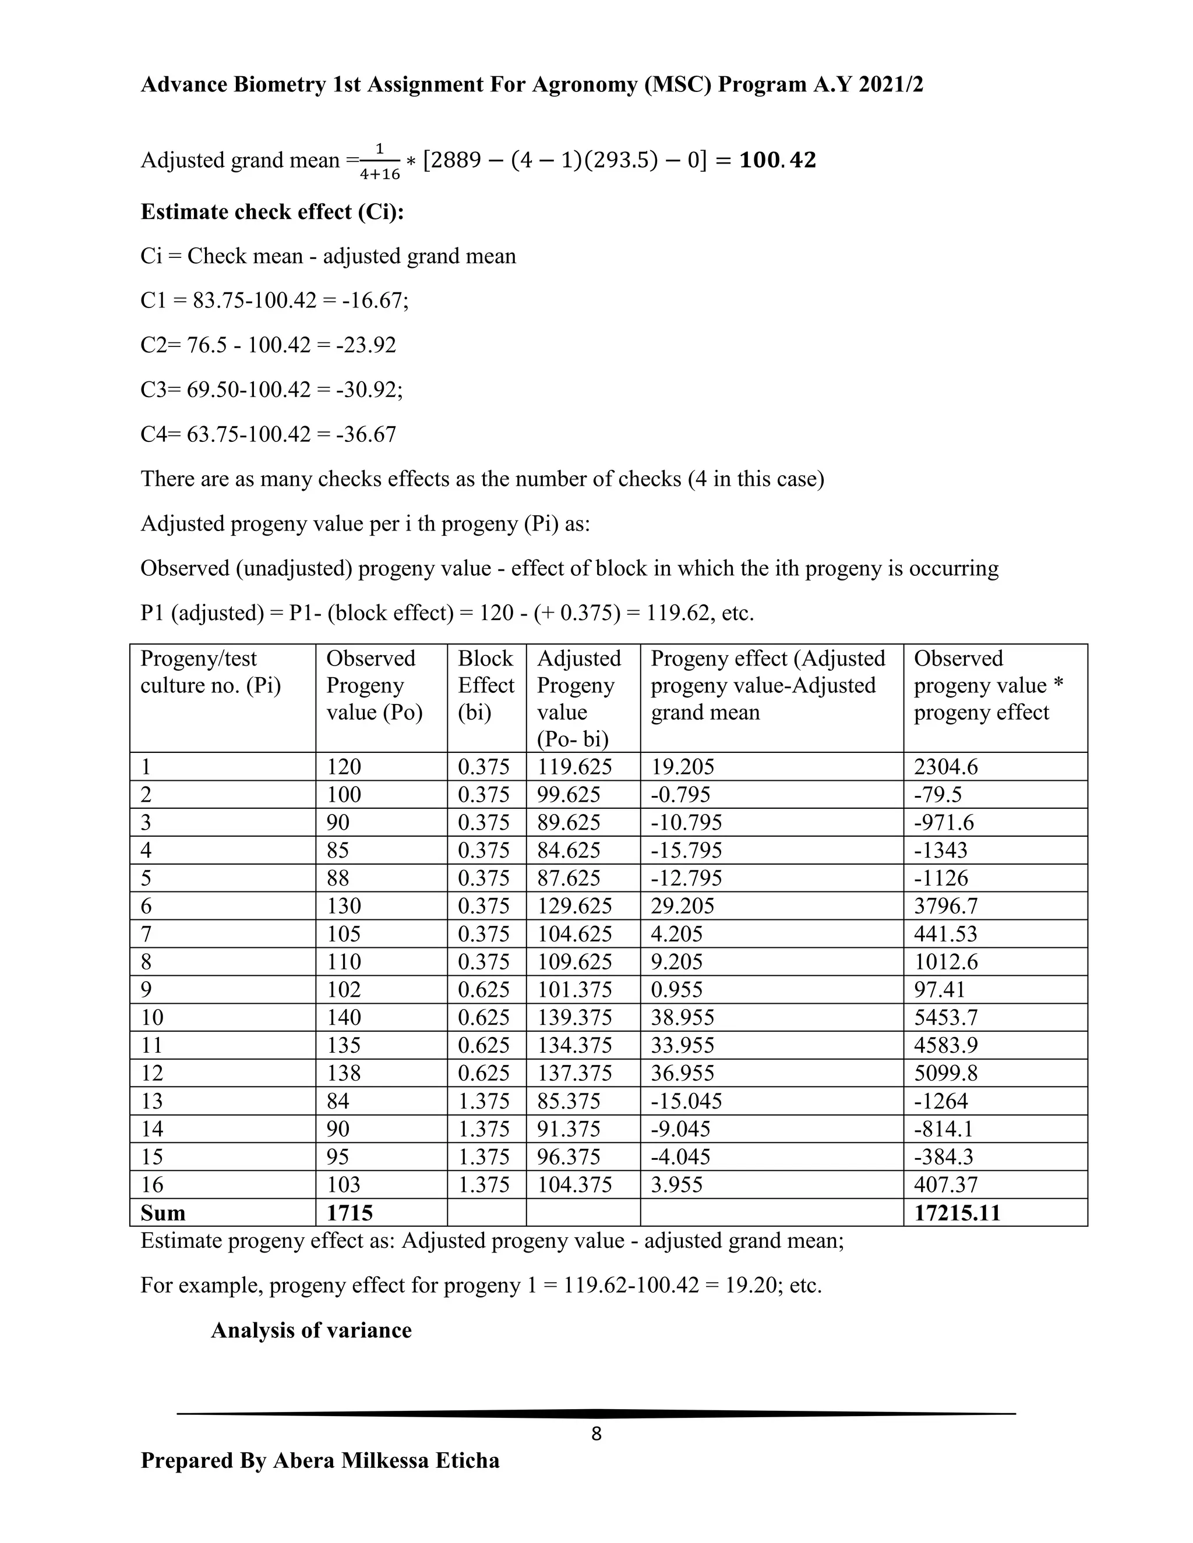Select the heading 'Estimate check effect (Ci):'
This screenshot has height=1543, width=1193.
(x=272, y=212)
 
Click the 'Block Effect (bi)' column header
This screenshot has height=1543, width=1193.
(x=486, y=685)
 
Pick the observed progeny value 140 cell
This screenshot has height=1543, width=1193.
(x=344, y=1017)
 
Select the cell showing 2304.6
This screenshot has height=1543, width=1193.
(x=945, y=767)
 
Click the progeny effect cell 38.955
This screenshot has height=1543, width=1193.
(x=682, y=1017)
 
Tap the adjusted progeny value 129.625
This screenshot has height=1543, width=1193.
(x=574, y=906)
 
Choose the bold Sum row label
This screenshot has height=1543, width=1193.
(x=163, y=1213)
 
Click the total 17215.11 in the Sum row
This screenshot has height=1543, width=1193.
(x=957, y=1213)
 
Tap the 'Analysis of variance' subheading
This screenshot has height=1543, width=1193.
(x=311, y=1330)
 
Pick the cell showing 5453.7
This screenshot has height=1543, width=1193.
(x=945, y=1017)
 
